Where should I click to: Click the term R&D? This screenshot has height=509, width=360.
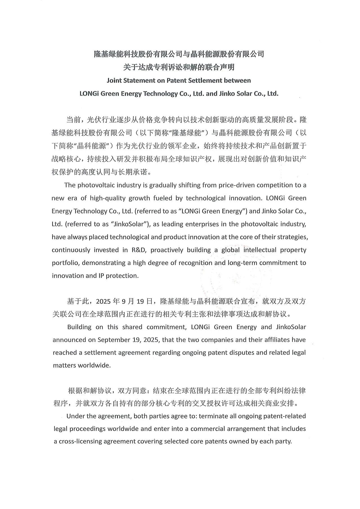[138, 250]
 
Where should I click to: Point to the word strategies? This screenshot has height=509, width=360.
[292, 237]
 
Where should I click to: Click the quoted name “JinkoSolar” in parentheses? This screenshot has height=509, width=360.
[130, 224]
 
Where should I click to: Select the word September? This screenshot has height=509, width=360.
[112, 340]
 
